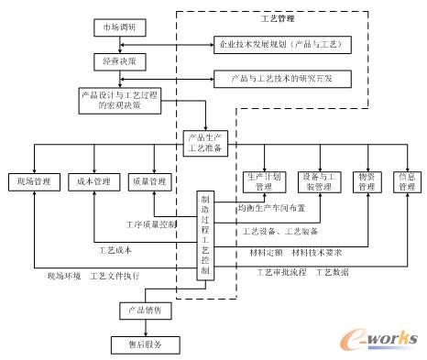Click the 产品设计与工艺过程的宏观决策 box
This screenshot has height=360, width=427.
pyautogui.click(x=121, y=99)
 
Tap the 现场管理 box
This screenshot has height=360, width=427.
pyautogui.click(x=31, y=180)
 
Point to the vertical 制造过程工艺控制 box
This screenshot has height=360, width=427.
pyautogui.click(x=205, y=235)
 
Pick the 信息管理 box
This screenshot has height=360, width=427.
pyautogui.click(x=405, y=180)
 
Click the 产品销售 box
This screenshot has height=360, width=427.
pyautogui.click(x=143, y=311)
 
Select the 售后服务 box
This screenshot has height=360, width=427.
pyautogui.click(x=143, y=344)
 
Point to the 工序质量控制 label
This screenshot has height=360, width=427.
pyautogui.click(x=151, y=224)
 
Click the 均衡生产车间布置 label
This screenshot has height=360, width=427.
pyautogui.click(x=271, y=208)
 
